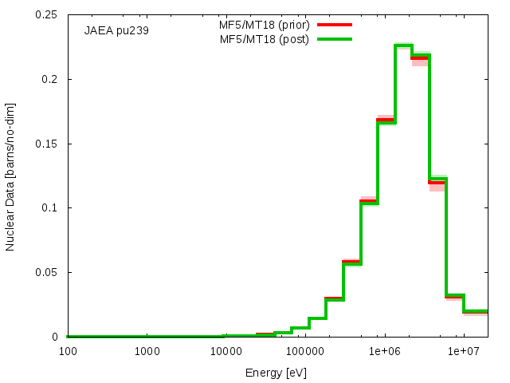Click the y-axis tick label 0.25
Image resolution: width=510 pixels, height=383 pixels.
point(46,14)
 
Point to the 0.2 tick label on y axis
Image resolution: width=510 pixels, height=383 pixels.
point(49,79)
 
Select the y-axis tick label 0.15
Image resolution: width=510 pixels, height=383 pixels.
point(46,144)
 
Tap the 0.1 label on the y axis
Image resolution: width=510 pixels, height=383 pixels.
point(49,207)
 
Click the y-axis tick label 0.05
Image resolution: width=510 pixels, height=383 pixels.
point(46,272)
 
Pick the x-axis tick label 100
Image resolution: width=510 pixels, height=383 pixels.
point(68,351)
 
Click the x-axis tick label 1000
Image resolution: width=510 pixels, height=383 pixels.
point(147,351)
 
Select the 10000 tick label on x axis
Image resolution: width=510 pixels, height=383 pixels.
point(226,351)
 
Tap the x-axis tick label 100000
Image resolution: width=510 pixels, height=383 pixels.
point(305,351)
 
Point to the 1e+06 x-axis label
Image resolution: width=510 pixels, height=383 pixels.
point(385,351)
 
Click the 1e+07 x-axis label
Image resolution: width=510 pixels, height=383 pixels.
point(464,351)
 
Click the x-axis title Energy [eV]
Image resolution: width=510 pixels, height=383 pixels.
point(276,373)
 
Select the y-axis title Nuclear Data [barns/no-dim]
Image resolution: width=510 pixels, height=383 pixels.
point(10,177)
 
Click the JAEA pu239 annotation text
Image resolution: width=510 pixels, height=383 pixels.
point(116,30)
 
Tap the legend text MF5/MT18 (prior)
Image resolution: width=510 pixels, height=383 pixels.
point(264,25)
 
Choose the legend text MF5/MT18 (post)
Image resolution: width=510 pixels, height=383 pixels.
point(264,39)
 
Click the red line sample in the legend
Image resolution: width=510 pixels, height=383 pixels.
point(335,25)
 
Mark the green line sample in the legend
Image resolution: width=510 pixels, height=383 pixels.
point(335,39)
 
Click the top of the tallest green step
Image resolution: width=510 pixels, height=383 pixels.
point(404,45)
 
